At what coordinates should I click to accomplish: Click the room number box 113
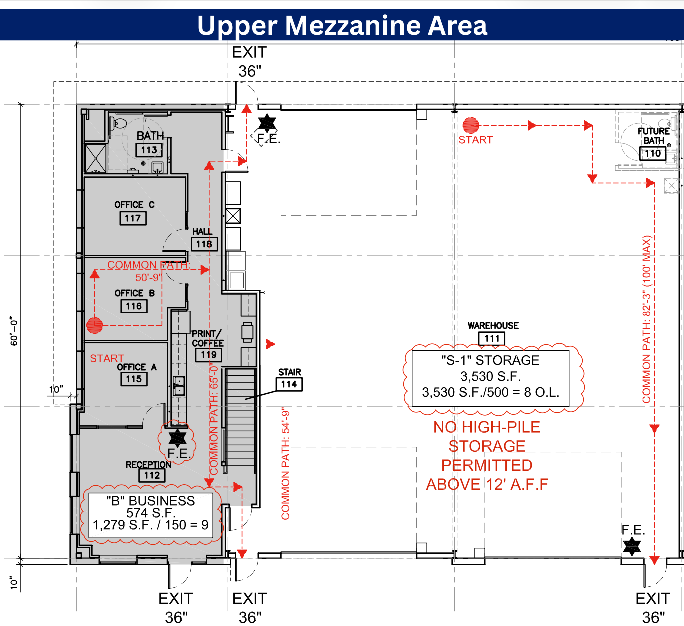pos(149,150)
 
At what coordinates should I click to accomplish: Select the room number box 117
pos(133,218)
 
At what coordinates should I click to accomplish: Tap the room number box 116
pos(134,306)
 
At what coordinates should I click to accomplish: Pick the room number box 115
pos(134,379)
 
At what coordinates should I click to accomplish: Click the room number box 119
pos(208,355)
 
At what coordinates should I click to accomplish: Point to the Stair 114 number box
pos(289,384)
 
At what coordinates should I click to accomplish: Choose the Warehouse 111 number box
pos(492,339)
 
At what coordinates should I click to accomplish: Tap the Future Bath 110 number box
pos(653,153)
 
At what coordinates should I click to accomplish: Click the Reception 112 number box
pos(152,475)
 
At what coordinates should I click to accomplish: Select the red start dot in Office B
pos(94,325)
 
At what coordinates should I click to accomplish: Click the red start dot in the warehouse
pos(471,125)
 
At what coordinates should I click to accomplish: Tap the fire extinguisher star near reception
pos(177,437)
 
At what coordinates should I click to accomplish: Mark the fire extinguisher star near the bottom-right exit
pos(632,546)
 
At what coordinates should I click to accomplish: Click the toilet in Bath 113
pos(120,123)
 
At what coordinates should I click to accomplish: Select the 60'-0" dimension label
pos(14,331)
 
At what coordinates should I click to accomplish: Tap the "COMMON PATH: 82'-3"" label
pos(647,319)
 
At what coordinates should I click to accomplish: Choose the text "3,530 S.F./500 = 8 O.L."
pos(490,392)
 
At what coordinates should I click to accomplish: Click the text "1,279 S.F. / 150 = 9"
pos(151,525)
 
